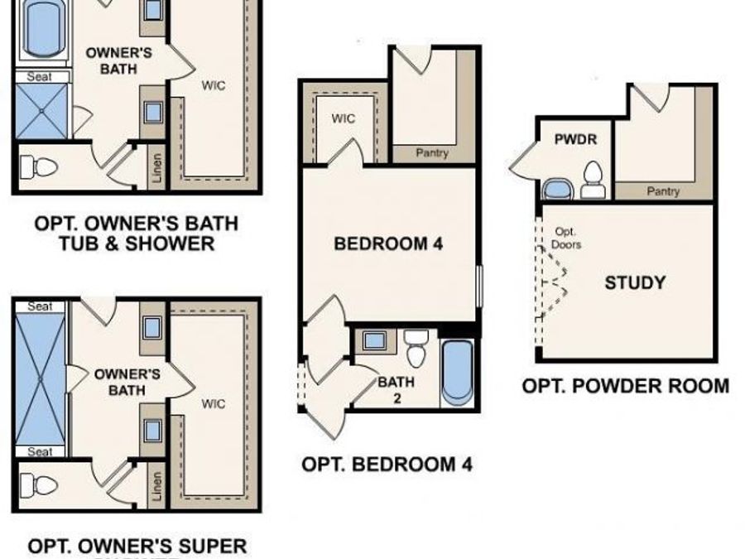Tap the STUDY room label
(x=635, y=282)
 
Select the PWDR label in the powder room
(x=574, y=140)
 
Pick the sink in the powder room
(x=558, y=190)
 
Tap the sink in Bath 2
(x=374, y=340)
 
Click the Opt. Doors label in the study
(x=567, y=239)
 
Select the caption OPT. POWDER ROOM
(x=626, y=385)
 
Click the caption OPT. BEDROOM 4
(x=387, y=464)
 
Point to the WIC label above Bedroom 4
(x=344, y=118)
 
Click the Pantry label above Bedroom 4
(x=431, y=152)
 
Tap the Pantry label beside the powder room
(x=663, y=191)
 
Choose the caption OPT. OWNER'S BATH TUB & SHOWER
(x=136, y=233)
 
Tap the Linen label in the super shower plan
(x=157, y=488)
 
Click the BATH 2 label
(x=397, y=390)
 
